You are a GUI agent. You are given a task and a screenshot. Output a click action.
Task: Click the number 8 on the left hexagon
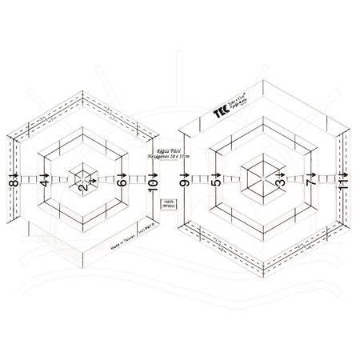tap(14, 184)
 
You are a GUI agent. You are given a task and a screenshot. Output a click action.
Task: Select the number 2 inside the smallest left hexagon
tap(82, 187)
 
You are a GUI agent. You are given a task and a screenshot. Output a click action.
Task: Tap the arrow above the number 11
tap(343, 173)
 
